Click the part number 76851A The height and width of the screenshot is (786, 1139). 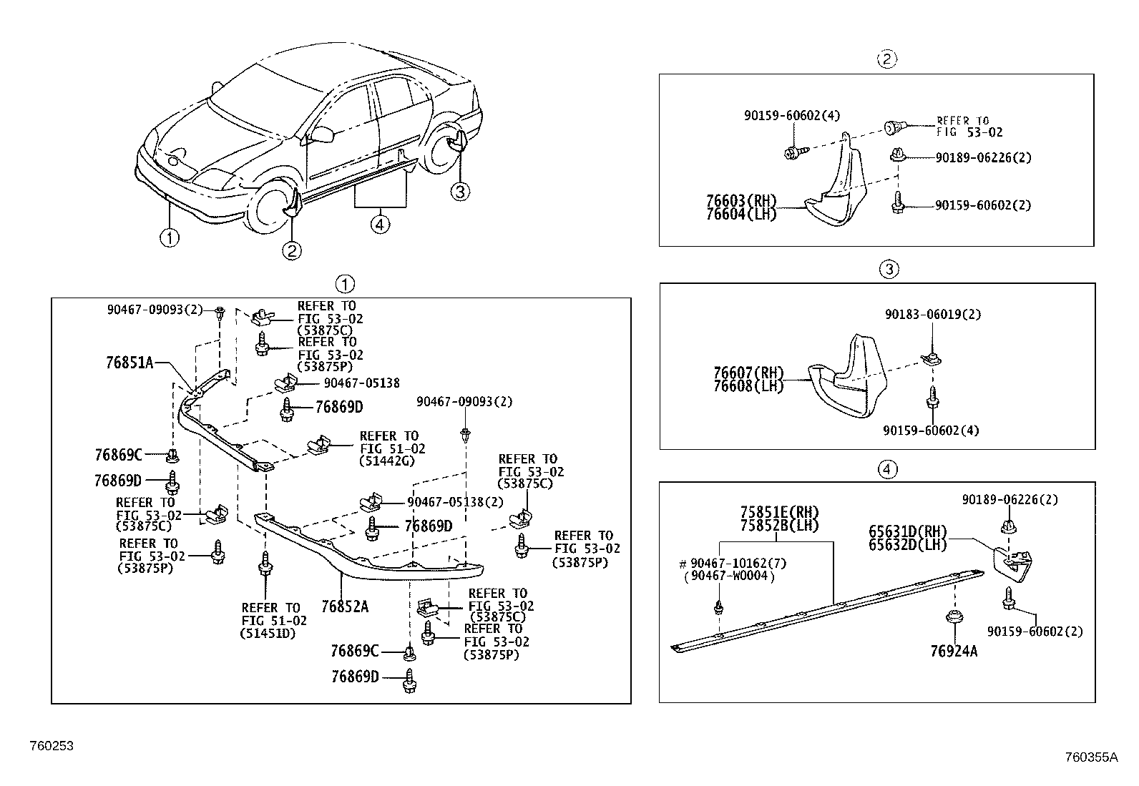point(129,363)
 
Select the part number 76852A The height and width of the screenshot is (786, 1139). point(345,606)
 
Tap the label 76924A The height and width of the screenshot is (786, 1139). point(954,651)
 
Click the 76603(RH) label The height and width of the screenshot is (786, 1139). point(740,202)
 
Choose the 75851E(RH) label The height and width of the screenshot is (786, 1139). point(779,513)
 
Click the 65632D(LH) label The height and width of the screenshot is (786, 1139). point(907,544)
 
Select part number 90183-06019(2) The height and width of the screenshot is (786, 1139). point(933,314)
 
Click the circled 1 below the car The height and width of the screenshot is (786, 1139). point(170,237)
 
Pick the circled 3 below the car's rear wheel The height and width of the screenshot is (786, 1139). point(460,191)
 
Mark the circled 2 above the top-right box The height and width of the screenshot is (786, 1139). point(886,59)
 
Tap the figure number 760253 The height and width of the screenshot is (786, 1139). point(52,746)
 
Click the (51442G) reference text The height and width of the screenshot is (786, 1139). point(386,461)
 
